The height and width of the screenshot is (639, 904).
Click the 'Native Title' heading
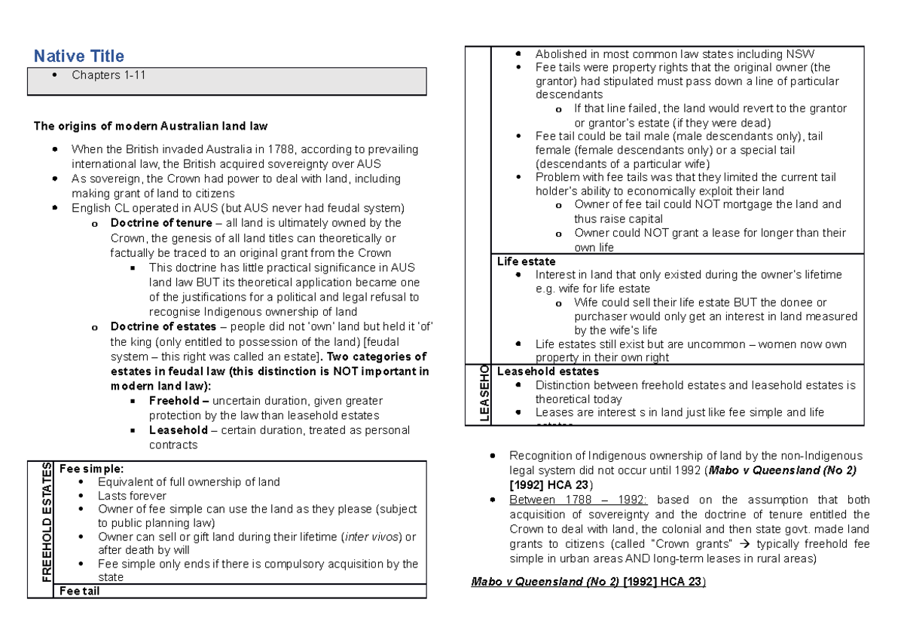point(78,56)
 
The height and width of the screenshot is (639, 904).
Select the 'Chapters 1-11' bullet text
point(106,75)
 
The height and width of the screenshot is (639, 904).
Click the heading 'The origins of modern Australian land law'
point(151,126)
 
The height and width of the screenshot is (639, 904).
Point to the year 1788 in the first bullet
point(279,149)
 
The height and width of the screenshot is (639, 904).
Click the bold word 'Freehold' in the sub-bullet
point(173,401)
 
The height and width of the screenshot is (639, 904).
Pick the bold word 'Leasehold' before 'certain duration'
point(178,430)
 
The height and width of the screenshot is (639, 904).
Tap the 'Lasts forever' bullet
point(132,496)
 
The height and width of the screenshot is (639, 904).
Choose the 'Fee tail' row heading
point(78,592)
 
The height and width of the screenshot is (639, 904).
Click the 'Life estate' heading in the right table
point(526,261)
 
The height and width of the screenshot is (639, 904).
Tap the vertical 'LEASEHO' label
point(484,393)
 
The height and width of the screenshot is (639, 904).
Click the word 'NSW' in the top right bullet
point(801,54)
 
